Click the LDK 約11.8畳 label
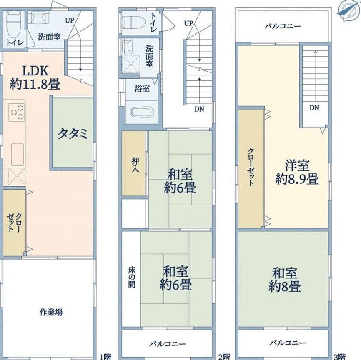pos(35,77)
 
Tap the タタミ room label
pos(73,133)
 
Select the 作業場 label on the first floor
pos(51,312)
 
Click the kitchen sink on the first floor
pos(18,154)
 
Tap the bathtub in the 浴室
pos(142,113)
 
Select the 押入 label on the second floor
pos(135,165)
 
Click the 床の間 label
pos(132,278)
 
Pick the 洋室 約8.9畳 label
pos(297,172)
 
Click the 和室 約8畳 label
pos(285,280)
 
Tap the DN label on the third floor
pos(314,107)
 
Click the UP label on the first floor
pos(70,20)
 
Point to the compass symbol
pos(348,10)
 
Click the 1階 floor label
pos(105,357)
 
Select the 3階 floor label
pos(340,357)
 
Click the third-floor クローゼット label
pos(251,167)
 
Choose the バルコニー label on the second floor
pos(168,344)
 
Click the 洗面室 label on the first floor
pos(49,37)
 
